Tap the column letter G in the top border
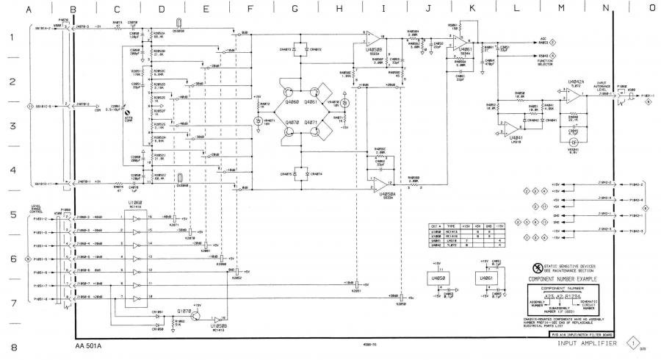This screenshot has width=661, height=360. pyautogui.click(x=295, y=10)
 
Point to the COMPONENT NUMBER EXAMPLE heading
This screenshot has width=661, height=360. pyautogui.click(x=562, y=279)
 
